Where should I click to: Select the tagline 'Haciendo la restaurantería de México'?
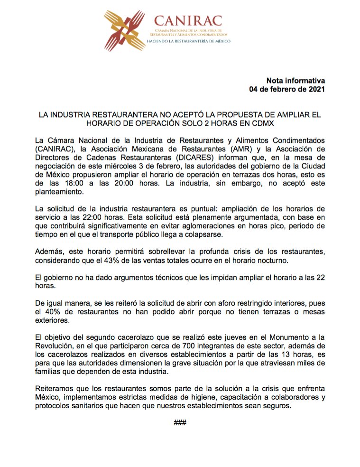coord(188,41)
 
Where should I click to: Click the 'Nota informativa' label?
coord(295,80)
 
